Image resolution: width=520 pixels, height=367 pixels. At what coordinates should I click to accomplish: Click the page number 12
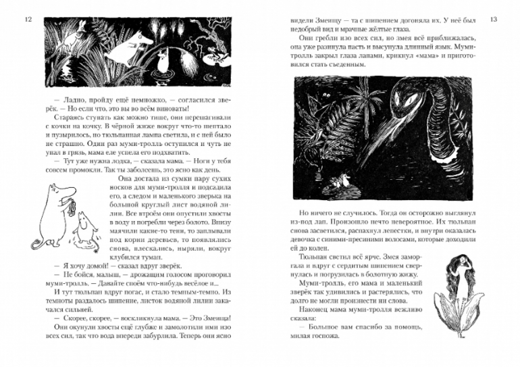tap(27, 20)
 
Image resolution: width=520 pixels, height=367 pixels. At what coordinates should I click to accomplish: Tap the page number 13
tap(493, 20)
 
